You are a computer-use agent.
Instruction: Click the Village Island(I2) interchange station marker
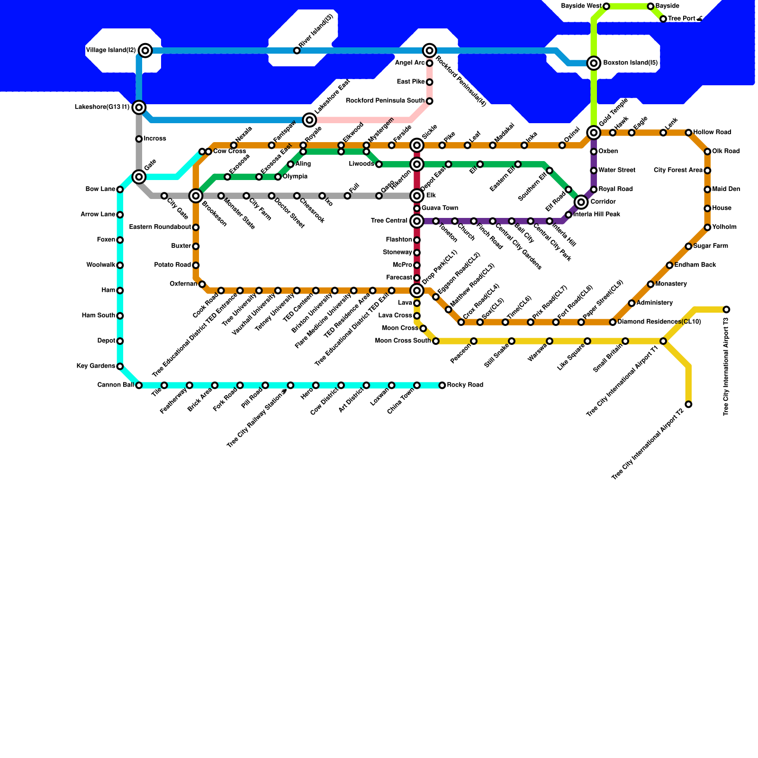pyautogui.click(x=146, y=51)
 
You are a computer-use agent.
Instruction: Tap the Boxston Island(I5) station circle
pyautogui.click(x=594, y=63)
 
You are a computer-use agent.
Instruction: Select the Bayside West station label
pyautogui.click(x=581, y=6)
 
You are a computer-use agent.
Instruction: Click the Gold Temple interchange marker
pyautogui.click(x=594, y=133)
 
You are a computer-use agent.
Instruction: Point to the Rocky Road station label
pyautogui.click(x=465, y=385)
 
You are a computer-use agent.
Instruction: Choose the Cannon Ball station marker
pyautogui.click(x=139, y=385)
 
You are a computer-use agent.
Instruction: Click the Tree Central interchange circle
pyautogui.click(x=417, y=221)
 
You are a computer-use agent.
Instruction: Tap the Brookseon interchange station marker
pyautogui.click(x=196, y=196)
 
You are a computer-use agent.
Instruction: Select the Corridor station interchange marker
pyautogui.click(x=581, y=202)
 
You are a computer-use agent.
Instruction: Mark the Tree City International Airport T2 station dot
pyautogui.click(x=688, y=404)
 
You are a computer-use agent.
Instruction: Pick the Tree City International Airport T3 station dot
pyautogui.click(x=726, y=309)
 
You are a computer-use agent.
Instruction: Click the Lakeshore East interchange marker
pyautogui.click(x=309, y=120)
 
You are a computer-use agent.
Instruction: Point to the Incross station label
pyautogui.click(x=154, y=139)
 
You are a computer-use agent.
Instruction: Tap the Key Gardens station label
pyautogui.click(x=96, y=366)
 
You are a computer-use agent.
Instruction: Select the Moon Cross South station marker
pyautogui.click(x=436, y=341)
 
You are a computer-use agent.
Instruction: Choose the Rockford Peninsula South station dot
pyautogui.click(x=429, y=101)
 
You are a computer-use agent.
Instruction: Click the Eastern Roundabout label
pyautogui.click(x=160, y=227)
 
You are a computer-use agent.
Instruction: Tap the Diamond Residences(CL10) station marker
pyautogui.click(x=613, y=322)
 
